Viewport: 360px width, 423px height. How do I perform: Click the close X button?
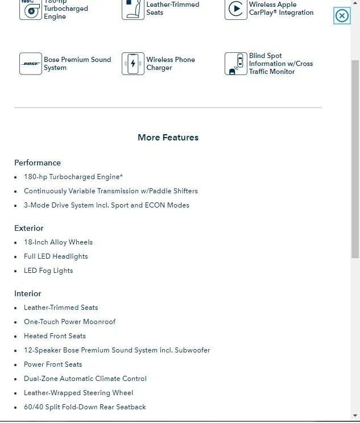point(342,16)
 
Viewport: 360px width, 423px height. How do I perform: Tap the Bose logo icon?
point(30,64)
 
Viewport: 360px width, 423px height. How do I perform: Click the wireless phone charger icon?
point(133,64)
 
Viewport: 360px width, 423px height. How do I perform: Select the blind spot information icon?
point(235,64)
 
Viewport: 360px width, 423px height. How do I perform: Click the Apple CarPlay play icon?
point(235,9)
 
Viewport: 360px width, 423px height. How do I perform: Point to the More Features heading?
point(168,137)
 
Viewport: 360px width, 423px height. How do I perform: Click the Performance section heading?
point(38,163)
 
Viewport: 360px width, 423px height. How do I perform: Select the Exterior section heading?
point(29,228)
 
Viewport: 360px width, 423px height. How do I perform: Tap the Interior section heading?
point(28,293)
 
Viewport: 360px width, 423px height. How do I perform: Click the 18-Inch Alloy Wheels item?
point(58,242)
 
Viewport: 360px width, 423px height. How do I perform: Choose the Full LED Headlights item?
point(56,256)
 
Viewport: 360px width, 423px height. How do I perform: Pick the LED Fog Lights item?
point(48,271)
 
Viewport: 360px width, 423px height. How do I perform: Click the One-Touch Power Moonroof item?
point(69,322)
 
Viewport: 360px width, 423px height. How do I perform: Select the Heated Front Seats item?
point(55,336)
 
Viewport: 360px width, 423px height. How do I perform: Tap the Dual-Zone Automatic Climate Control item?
point(85,379)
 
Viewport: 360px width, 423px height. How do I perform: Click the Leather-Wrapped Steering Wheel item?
point(78,393)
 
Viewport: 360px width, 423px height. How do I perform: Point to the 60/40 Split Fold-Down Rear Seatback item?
point(85,407)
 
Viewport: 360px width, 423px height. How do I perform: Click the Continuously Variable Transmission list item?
point(111,191)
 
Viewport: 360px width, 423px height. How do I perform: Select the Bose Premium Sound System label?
point(77,64)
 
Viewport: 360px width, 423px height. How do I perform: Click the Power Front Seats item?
point(53,364)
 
